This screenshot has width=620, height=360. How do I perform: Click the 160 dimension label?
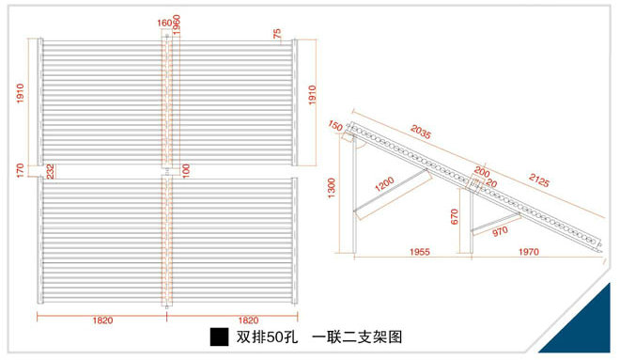164,23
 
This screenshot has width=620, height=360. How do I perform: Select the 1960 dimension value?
177,23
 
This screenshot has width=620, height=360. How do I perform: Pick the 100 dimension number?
186,170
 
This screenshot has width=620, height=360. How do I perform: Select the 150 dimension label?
335,126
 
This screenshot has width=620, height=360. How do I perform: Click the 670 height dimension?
455,218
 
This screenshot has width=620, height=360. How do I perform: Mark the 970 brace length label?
501,230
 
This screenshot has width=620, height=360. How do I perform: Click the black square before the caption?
219,337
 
